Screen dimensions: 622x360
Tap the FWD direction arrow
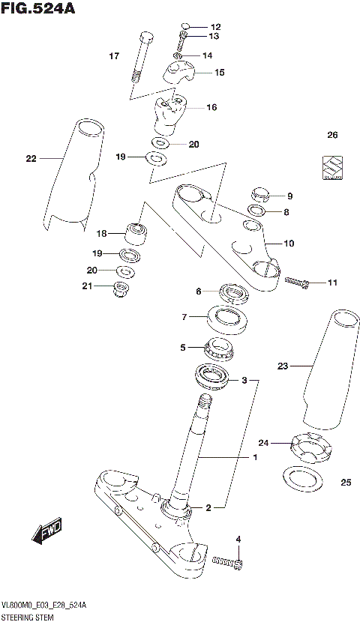tap(46, 532)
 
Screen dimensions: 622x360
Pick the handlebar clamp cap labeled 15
tap(181, 73)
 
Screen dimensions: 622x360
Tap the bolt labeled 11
tap(297, 283)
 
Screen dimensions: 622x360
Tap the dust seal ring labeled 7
tap(228, 320)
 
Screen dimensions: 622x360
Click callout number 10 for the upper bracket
tap(289, 243)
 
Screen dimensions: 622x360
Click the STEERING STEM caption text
tap(26, 614)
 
